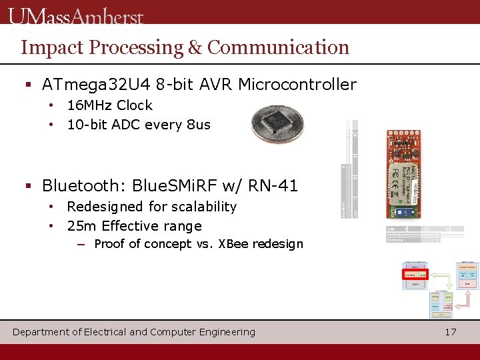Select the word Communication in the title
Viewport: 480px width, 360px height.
pos(278,47)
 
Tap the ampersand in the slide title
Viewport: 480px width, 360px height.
pos(195,47)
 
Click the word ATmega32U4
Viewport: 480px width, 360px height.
pos(96,85)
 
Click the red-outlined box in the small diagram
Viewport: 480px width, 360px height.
pos(415,274)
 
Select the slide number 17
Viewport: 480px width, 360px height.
pos(451,331)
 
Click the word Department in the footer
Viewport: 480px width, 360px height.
pos(41,332)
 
